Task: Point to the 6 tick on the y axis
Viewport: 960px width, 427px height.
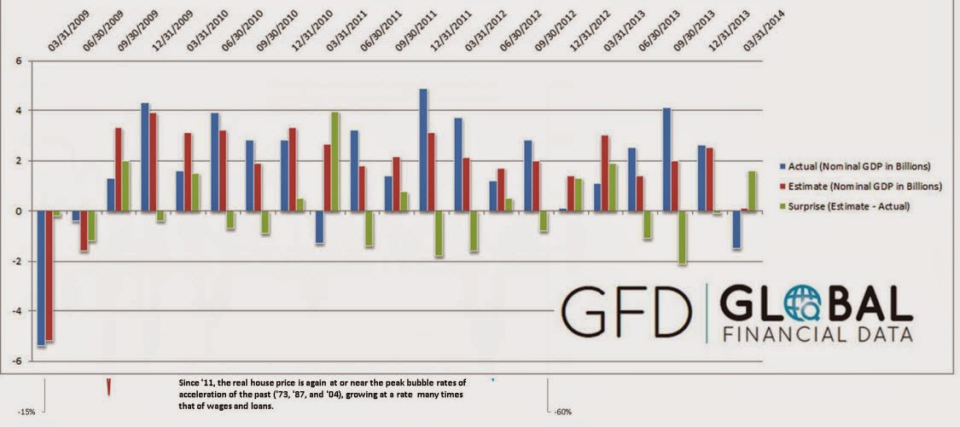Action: click(x=17, y=61)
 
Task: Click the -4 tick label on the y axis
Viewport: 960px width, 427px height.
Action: click(x=15, y=311)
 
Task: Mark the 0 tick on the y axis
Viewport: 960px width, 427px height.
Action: click(x=17, y=211)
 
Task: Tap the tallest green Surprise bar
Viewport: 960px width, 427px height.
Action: click(x=335, y=161)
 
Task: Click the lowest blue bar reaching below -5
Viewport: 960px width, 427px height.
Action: click(x=41, y=278)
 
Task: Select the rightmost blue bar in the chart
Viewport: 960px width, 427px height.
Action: click(x=736, y=230)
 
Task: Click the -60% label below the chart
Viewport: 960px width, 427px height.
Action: click(x=562, y=413)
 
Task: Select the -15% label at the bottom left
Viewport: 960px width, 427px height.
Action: click(x=26, y=413)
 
